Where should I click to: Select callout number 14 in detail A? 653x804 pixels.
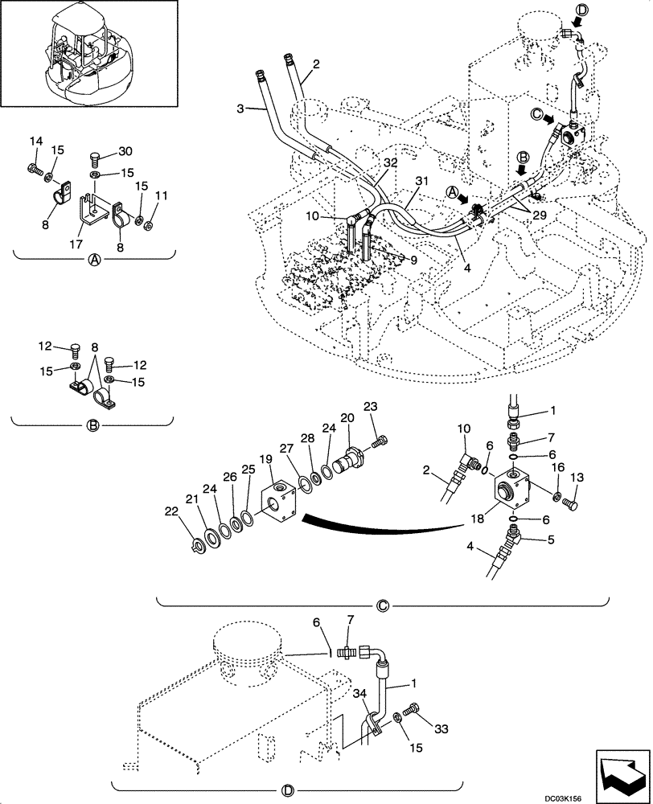pyautogui.click(x=35, y=142)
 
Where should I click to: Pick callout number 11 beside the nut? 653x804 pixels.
pyautogui.click(x=162, y=195)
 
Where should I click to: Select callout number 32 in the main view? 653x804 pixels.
pyautogui.click(x=390, y=162)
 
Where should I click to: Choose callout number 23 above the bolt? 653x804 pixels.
pyautogui.click(x=370, y=405)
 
